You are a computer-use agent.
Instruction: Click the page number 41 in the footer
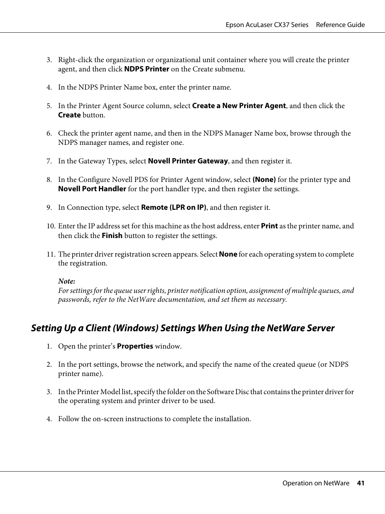[360, 483]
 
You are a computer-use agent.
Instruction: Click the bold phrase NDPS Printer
[146, 69]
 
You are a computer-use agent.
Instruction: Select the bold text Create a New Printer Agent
[239, 106]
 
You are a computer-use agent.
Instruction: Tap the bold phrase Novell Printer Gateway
[188, 161]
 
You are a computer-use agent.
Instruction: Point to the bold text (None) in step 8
[264, 180]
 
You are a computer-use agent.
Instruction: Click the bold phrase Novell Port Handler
[92, 189]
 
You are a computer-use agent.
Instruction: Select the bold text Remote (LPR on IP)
[174, 207]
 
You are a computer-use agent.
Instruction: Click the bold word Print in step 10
[269, 226]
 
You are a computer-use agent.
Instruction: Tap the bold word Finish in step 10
[112, 236]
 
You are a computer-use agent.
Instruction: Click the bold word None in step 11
[228, 254]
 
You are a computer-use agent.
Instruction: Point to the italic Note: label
[67, 281]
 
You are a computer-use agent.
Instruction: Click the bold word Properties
[135, 346]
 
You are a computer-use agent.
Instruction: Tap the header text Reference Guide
[340, 25]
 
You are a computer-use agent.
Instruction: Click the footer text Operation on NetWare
[316, 483]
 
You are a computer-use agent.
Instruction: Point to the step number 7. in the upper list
[49, 161]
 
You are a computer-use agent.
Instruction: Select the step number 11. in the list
[50, 254]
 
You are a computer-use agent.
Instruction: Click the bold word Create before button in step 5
[69, 115]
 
